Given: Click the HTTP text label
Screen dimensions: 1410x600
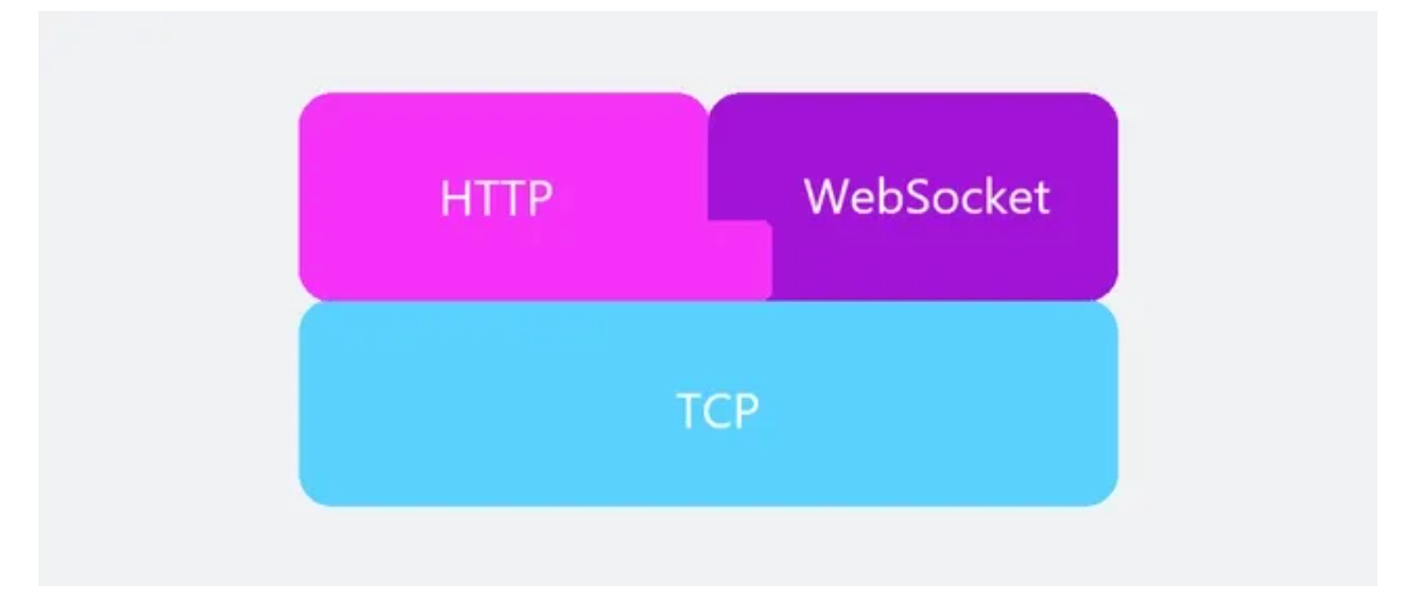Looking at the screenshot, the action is (x=497, y=198).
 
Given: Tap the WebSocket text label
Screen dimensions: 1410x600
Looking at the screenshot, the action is (x=927, y=196).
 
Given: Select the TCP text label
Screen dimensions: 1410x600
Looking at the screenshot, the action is (x=718, y=411).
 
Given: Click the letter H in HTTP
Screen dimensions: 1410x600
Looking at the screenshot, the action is (x=455, y=198).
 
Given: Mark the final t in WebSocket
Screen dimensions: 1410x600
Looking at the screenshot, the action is (x=1042, y=198).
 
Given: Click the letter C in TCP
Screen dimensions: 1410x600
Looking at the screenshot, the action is (x=718, y=411).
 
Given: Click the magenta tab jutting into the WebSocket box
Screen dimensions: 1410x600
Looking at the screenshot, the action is (x=740, y=260).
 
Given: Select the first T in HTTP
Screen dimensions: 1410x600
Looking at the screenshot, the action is (x=483, y=198).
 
